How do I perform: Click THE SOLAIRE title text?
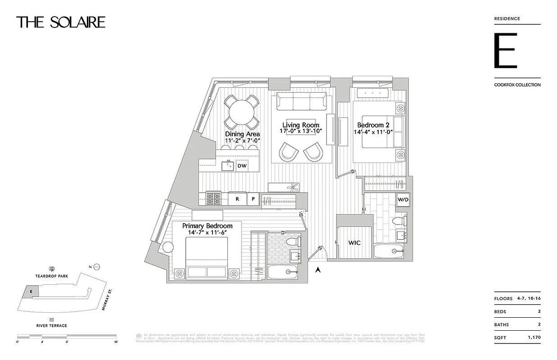[x=61, y=22]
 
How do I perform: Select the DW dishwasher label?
[x=242, y=166]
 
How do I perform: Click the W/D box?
[x=403, y=199]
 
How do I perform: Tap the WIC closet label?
[x=354, y=243]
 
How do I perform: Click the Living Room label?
[x=301, y=125]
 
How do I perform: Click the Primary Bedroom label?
[x=207, y=226]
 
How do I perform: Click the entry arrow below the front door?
[x=318, y=270]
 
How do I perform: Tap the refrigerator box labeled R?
[x=237, y=199]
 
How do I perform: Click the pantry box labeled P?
[x=253, y=199]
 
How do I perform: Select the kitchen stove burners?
[x=213, y=198]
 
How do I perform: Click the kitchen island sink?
[x=228, y=166]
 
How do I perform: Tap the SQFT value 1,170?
[x=534, y=337]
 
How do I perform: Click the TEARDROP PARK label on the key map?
[x=52, y=277]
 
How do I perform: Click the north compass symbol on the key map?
[x=96, y=267]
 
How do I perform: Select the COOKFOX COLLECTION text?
[x=517, y=85]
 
